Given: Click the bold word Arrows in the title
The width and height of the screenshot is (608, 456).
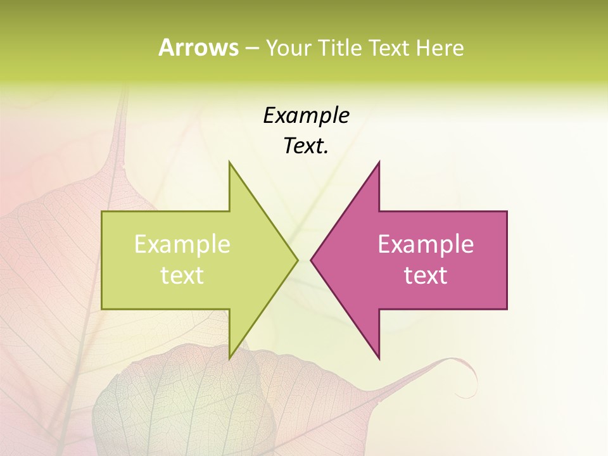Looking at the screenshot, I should pos(198,47).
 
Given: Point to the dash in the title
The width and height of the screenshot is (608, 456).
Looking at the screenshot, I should pos(251,48).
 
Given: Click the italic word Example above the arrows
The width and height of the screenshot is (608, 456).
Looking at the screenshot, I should pos(306,115).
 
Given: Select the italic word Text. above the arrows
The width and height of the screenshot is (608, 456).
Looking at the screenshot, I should pos(306,146).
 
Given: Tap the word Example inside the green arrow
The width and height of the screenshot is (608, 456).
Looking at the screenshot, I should pos(182,244).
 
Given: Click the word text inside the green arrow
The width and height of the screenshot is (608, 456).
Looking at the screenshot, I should pos(182,275).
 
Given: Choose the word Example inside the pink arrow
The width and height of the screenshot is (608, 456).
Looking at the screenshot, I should pos(426,244).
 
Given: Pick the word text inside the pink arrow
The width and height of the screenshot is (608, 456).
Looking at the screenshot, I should pos(426,275).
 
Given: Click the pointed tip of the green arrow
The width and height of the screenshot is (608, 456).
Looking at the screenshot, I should pos(298,260).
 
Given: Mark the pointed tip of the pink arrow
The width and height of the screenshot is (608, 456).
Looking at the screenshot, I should pos(311,260).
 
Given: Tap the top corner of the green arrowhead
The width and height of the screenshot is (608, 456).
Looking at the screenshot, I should pos(229,161).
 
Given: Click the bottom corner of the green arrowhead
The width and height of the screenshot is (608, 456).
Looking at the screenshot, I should pos(229,358).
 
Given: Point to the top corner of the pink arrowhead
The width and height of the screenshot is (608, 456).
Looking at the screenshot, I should pos(379,161).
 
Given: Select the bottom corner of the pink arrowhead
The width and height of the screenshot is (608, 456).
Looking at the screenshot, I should pos(379,358).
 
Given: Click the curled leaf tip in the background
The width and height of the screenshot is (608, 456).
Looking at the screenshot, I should pos(471,380).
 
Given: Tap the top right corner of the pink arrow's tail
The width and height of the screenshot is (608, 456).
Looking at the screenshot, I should pos(507,212).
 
